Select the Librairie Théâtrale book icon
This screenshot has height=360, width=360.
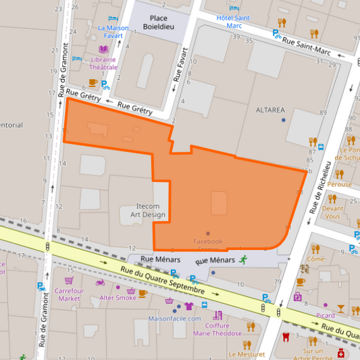tap(103, 49)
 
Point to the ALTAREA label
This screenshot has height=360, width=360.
tap(270, 109)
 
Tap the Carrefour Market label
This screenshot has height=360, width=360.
tap(69, 294)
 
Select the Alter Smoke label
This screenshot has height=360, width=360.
tap(118, 297)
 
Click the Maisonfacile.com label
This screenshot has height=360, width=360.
tap(176, 319)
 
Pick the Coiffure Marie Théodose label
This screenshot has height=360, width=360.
tap(217, 329)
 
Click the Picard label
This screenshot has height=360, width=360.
tap(326, 315)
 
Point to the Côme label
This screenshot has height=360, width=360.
tap(315, 259)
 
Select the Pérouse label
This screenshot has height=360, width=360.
tap(340, 184)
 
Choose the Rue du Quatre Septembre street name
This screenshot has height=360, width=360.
tap(162, 280)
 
